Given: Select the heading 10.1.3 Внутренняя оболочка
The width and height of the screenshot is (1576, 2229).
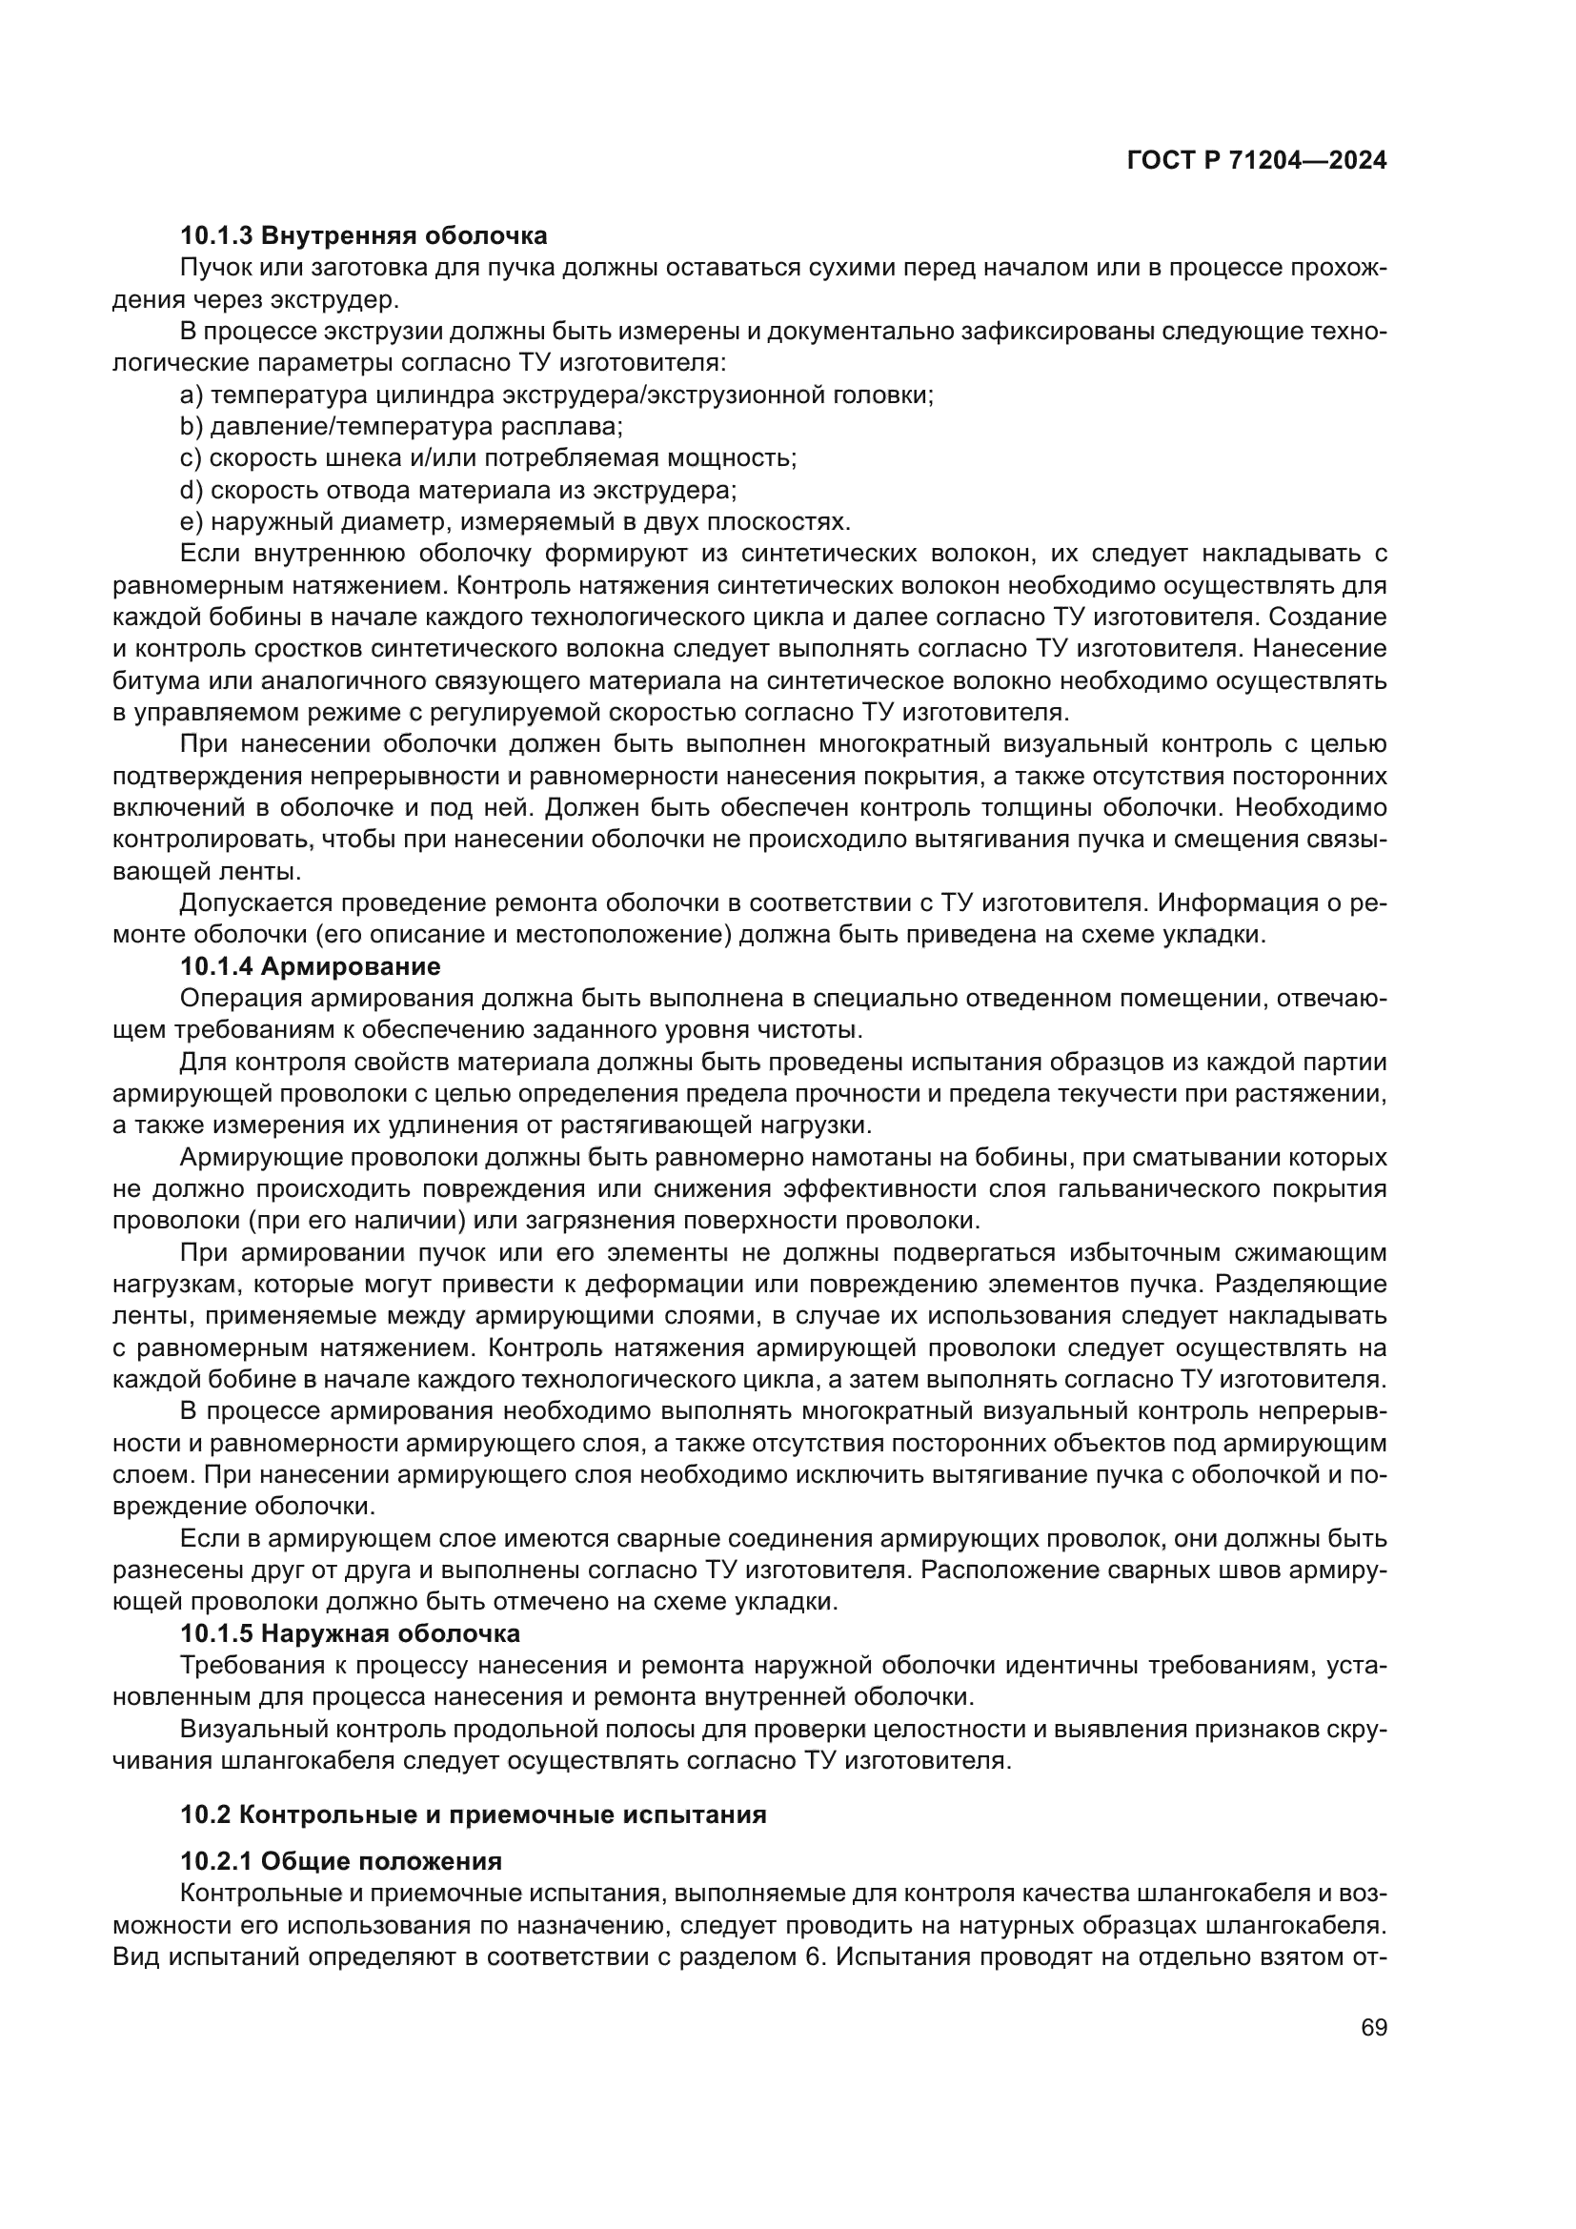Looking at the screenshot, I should coord(363,235).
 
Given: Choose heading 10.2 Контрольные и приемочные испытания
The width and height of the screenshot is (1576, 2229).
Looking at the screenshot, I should coord(474,1814).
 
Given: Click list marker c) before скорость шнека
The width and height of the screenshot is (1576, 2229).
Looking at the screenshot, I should coord(192,458).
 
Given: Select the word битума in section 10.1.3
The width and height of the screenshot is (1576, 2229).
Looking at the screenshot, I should coord(146,680).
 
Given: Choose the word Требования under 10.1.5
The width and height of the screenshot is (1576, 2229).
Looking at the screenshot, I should coord(247,1666).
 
